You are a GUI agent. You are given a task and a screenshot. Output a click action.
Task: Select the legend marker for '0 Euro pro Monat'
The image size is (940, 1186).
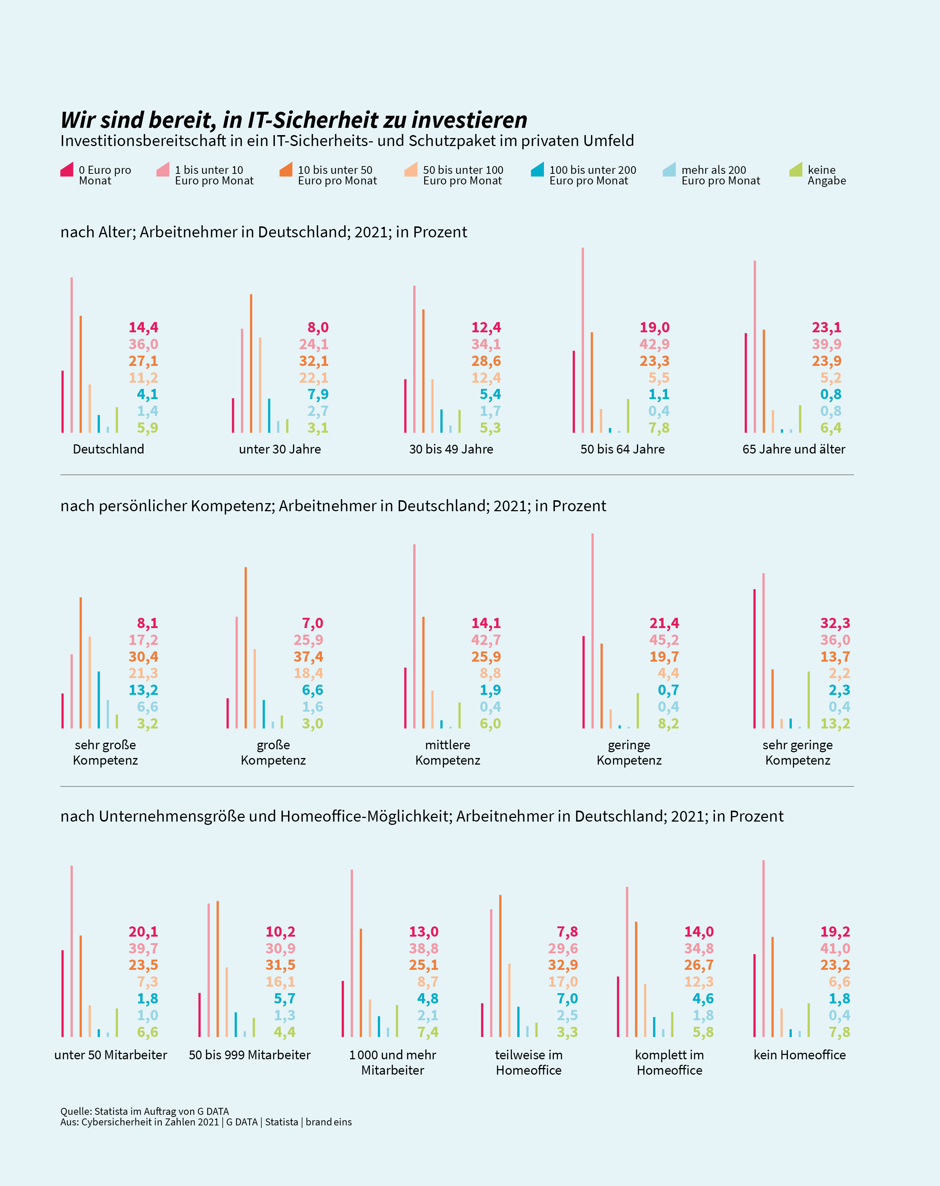[x=66, y=170]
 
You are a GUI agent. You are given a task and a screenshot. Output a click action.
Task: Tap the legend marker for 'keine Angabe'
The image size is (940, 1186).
[x=795, y=170]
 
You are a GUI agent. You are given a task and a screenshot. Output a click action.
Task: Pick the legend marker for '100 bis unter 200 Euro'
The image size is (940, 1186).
[x=537, y=170]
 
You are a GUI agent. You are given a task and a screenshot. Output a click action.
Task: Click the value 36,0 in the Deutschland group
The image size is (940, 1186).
[x=143, y=344]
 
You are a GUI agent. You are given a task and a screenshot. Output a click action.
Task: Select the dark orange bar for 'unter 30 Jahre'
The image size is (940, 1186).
[x=251, y=363]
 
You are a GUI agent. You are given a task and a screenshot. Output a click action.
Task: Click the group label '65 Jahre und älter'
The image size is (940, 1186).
[x=793, y=449]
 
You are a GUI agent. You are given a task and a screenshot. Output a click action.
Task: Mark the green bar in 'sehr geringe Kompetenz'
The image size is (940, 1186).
[x=809, y=700]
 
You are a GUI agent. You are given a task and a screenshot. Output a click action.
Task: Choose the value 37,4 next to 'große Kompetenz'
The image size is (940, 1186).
[x=308, y=657]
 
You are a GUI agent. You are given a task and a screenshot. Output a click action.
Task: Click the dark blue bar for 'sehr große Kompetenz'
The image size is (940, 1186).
[x=99, y=700]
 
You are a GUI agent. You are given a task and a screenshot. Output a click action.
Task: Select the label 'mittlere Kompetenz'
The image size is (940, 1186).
[x=448, y=753]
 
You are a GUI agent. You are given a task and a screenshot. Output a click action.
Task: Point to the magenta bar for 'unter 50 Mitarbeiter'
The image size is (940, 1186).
[x=63, y=993]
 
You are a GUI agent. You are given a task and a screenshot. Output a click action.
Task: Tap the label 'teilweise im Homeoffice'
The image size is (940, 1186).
[x=529, y=1062]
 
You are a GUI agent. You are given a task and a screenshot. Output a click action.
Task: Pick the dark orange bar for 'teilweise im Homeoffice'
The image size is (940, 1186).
[x=500, y=965]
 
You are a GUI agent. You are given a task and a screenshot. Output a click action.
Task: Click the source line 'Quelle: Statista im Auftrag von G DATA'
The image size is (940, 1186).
[x=145, y=1111]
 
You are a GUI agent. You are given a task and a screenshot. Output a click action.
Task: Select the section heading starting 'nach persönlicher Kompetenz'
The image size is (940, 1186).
[x=333, y=506]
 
